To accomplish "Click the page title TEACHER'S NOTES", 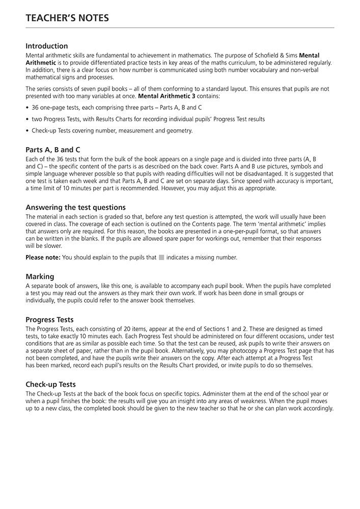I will pos(67,18).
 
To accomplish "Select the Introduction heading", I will pos(46,46).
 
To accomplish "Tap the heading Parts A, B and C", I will pos(53,150).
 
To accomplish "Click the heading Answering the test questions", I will pos(75,208).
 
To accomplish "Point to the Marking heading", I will pos(40,276).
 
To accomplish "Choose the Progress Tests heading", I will pos(49,320).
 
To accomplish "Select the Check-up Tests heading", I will pos(50,384).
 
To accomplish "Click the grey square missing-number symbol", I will pos(161,258).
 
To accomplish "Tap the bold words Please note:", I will pos(43,258).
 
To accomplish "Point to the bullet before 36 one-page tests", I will pos(27,107).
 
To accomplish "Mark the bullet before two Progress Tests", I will pos(27,119).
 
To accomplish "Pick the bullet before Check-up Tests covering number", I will pos(27,131).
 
